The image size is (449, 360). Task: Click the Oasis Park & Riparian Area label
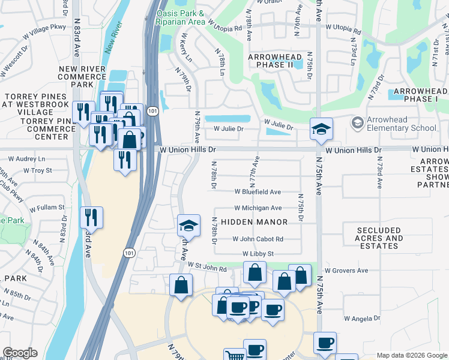tap(180, 17)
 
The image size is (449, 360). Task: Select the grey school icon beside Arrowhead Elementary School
tap(358, 123)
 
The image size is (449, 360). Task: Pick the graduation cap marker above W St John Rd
tap(188, 226)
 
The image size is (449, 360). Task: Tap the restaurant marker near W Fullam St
tap(91, 217)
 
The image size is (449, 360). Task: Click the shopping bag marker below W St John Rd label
tap(181, 286)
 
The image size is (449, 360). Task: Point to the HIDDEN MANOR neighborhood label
tap(254, 222)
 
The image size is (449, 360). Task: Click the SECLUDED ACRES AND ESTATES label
tap(379, 238)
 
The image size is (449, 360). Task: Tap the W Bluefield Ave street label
tap(258, 192)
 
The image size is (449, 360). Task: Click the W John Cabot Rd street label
tap(258, 239)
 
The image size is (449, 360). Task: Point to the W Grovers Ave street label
tap(346, 271)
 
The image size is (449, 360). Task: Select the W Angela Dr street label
tap(363, 319)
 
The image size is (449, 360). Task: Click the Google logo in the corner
tap(20, 353)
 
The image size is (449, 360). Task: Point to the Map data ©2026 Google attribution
tap(411, 355)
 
